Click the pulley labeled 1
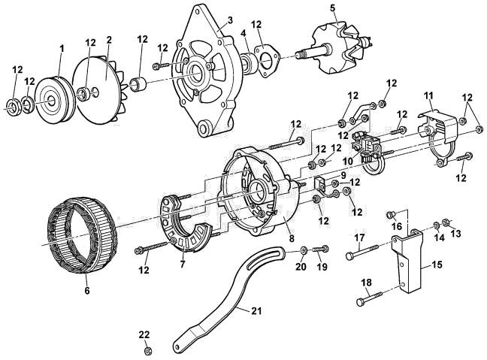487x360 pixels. coord(54,100)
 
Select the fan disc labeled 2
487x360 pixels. coord(99,90)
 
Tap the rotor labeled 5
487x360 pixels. coord(337,50)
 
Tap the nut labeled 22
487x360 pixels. coord(148,351)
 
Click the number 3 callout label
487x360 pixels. coord(230,20)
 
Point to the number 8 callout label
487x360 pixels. coord(291,238)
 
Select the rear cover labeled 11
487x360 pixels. coord(439,135)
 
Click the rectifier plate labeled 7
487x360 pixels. coord(186,222)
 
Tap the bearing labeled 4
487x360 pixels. coord(249,65)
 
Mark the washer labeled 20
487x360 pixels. coord(304,249)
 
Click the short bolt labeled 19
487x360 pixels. coord(319,249)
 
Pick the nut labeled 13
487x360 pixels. coord(446,222)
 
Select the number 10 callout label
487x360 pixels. coord(348,161)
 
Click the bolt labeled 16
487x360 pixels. coord(390,215)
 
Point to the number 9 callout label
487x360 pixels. coord(343,175)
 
